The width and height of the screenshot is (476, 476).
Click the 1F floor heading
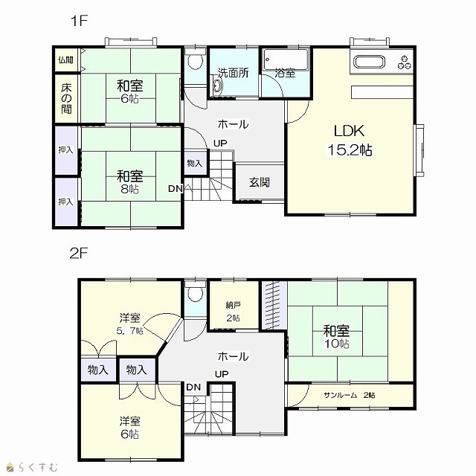pos(79,21)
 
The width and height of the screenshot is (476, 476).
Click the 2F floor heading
pos(79,253)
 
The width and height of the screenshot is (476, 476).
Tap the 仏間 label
pos(65,59)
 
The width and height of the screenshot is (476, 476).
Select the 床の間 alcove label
pos(66,98)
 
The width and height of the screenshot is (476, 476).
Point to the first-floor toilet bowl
pos(195,61)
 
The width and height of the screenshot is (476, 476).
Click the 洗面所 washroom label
pos(233,73)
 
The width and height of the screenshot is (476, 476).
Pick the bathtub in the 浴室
pos(286,59)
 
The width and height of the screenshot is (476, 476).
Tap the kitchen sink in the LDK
pos(370,62)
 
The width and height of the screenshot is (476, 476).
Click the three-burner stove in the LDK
pos(405,62)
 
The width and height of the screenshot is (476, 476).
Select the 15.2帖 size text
pos(350,149)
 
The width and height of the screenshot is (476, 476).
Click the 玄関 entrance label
pos(260,182)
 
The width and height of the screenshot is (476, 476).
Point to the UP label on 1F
pos(220,143)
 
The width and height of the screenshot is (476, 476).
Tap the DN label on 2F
pos(193,387)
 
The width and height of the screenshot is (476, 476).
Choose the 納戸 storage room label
pos(233,305)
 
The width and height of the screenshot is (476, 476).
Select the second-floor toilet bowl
pos(195,294)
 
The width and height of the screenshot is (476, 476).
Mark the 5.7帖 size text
pos(129,330)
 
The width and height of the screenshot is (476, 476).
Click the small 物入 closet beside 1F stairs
pos(194,164)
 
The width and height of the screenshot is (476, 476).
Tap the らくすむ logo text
pos(37,466)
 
